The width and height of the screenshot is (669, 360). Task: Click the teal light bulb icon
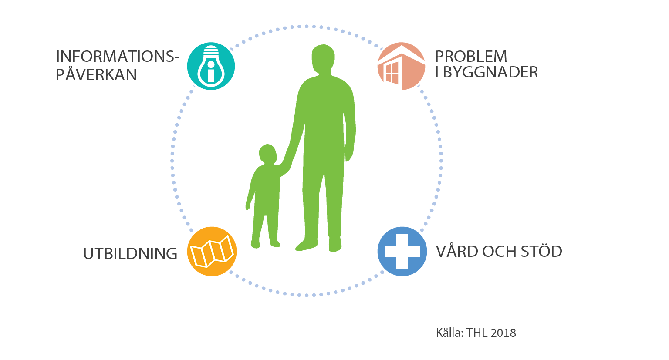[211, 66]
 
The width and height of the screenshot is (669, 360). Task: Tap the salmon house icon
[401, 66]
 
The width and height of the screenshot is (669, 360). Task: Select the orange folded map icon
[212, 251]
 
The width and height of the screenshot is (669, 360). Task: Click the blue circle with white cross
[402, 251]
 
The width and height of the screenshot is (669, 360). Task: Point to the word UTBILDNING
[130, 253]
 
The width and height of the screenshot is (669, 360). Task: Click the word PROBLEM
[471, 57]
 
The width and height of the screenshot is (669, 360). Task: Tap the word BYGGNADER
[490, 72]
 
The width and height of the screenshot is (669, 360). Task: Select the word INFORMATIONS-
[117, 57]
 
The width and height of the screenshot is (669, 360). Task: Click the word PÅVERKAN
[96, 75]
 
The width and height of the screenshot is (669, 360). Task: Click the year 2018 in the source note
[503, 333]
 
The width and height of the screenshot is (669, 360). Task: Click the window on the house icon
[392, 73]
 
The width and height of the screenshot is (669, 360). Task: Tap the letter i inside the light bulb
[211, 72]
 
